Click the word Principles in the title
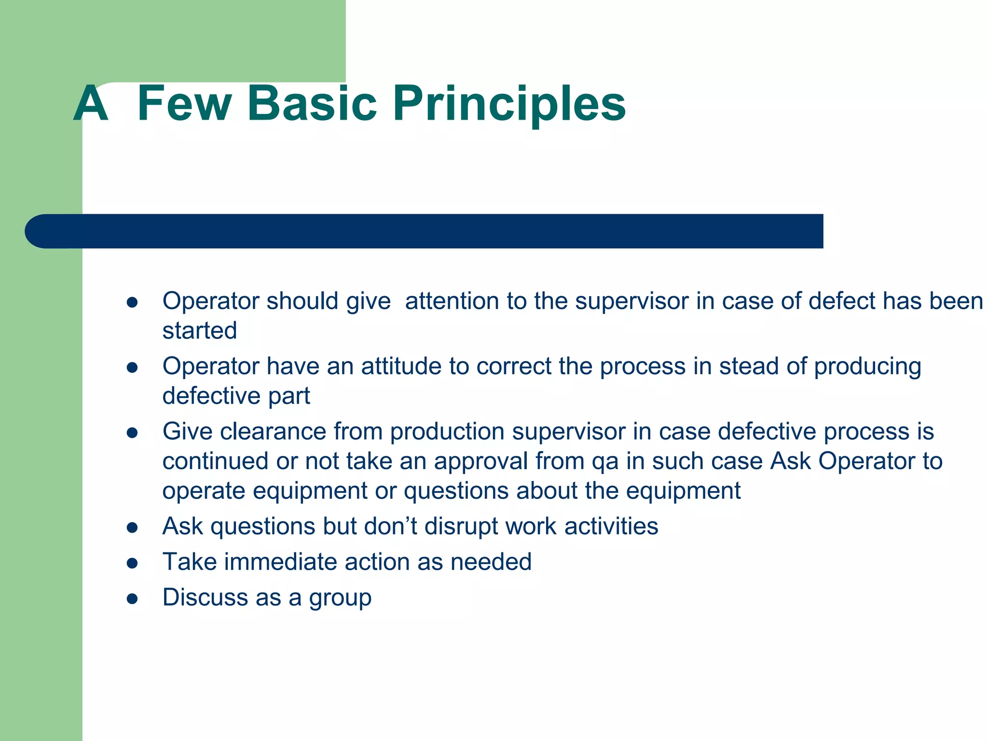pos(509,104)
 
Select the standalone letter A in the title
pos(91,104)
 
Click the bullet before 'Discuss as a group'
pos(132,599)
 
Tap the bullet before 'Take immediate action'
pos(132,563)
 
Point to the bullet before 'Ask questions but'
pos(132,527)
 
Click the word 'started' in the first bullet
pos(199,331)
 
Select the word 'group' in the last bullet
pos(340,599)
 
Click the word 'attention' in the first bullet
pos(452,302)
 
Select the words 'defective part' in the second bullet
pos(236,396)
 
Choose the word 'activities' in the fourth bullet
pos(611,526)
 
